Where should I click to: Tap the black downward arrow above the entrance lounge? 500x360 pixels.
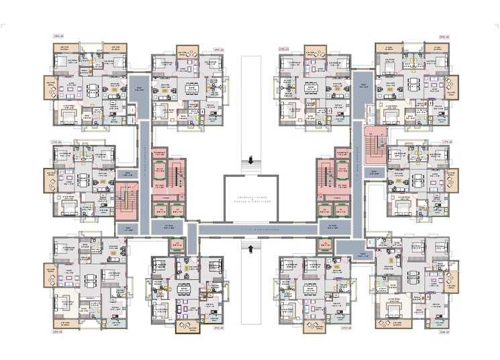pos(250,161)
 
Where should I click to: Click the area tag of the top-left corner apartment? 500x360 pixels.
pos(58,37)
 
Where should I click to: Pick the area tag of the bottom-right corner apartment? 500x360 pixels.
pos(444,332)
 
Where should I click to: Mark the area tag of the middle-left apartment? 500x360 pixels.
pos(57,142)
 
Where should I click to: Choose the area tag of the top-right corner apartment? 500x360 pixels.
pos(444,37)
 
